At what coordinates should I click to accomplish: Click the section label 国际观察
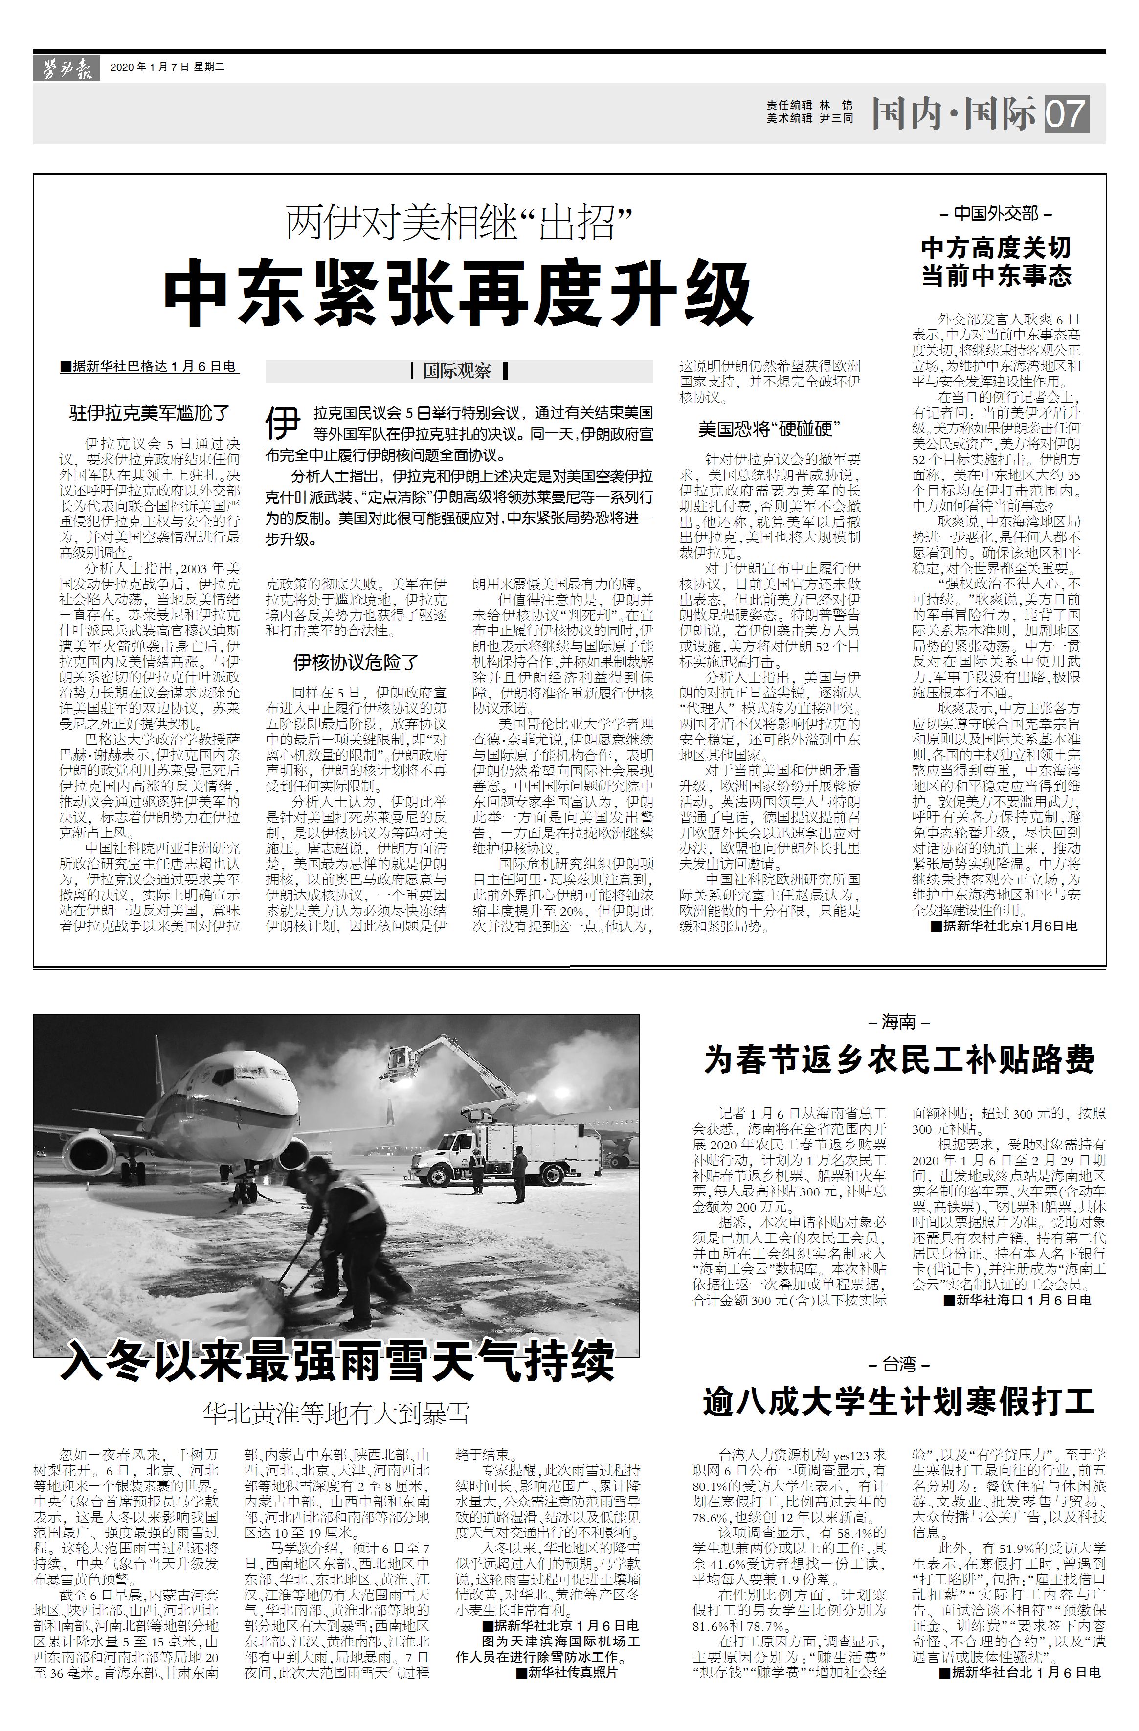(x=458, y=371)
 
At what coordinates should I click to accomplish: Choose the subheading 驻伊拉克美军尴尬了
(x=150, y=413)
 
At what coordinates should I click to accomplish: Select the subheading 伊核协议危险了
(x=357, y=661)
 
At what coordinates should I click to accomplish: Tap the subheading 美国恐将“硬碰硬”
(x=769, y=429)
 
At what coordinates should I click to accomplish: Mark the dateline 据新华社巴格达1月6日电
(x=150, y=367)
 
